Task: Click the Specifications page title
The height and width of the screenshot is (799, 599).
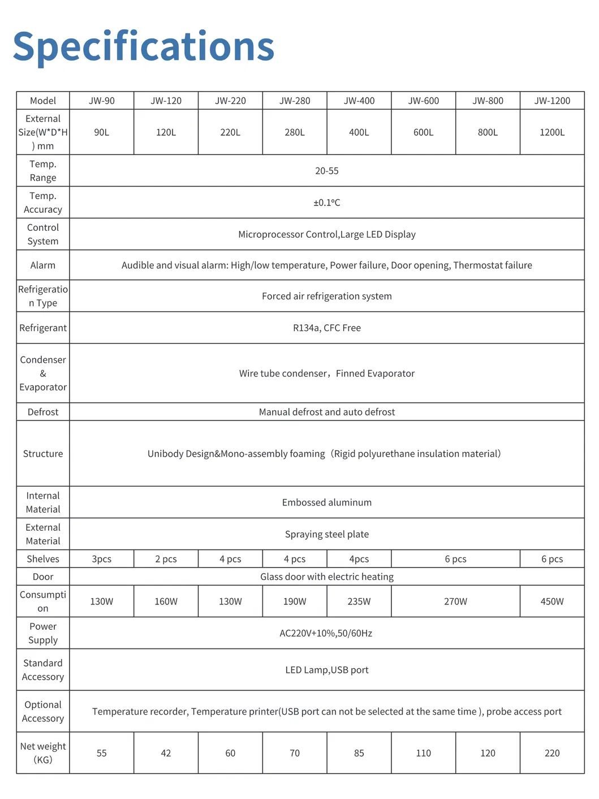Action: (144, 46)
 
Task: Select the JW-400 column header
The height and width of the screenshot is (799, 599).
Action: (359, 101)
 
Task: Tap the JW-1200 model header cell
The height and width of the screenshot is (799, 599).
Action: (552, 101)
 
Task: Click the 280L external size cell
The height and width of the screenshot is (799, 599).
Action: (295, 132)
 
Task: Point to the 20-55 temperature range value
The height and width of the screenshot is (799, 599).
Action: (327, 171)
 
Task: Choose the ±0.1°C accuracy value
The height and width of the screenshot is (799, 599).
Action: (327, 203)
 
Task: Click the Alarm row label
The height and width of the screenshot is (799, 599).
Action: (43, 265)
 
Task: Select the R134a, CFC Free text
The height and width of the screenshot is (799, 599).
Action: (327, 328)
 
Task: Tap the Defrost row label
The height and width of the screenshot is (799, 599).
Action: (43, 412)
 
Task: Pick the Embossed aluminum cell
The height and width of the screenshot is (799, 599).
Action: (327, 502)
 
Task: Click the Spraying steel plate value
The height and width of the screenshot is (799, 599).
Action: (327, 534)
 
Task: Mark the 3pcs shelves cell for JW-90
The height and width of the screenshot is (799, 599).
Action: (102, 559)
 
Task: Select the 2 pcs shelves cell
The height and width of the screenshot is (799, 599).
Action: (166, 559)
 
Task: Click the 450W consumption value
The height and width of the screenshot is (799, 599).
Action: (552, 602)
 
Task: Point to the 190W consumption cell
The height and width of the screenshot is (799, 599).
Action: (295, 602)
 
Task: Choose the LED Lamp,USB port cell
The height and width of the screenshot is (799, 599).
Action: (327, 670)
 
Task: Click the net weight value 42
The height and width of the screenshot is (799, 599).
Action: (166, 753)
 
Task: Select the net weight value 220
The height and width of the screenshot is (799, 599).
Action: (552, 753)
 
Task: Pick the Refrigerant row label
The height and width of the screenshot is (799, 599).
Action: (43, 328)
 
